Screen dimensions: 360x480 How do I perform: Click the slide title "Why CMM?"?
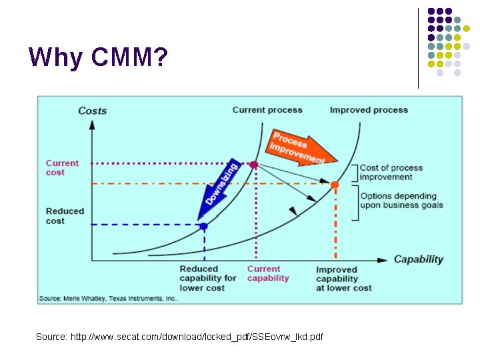point(98,58)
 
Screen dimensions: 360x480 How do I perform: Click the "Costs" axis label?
point(92,111)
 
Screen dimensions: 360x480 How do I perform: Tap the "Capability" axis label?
point(418,259)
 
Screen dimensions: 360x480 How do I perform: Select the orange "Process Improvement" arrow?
point(299,147)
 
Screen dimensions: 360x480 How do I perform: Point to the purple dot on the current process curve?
point(253,164)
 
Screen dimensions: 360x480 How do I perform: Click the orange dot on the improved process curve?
point(335,184)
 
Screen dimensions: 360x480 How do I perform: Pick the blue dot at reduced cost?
point(203,226)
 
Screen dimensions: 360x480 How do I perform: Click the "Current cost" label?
point(62,167)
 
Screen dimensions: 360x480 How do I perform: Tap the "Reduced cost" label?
point(65,215)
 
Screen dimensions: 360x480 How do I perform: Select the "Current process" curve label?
point(267,110)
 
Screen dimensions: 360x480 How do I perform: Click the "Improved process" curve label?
point(369,110)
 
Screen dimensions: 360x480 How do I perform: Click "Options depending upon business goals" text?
point(398,200)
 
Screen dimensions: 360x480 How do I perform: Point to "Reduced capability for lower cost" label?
point(208,278)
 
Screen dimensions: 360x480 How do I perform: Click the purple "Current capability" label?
point(268,273)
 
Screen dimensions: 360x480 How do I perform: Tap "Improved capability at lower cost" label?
point(343,279)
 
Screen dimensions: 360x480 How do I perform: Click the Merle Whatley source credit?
point(108,298)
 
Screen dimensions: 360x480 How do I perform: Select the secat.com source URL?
point(179,337)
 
